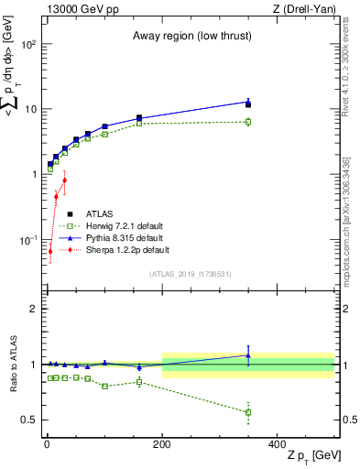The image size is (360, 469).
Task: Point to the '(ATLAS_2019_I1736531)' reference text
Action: point(190,274)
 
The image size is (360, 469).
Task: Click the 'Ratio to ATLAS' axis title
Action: point(13,365)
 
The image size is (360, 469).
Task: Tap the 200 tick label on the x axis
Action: point(162,443)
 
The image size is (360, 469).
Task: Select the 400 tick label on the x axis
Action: point(277,443)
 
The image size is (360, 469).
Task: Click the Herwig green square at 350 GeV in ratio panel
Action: point(248,412)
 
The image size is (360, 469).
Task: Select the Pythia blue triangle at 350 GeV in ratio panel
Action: point(248,355)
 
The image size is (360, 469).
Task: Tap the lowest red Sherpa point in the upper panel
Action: point(50,251)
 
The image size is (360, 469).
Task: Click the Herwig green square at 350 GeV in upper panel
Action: point(248,121)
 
